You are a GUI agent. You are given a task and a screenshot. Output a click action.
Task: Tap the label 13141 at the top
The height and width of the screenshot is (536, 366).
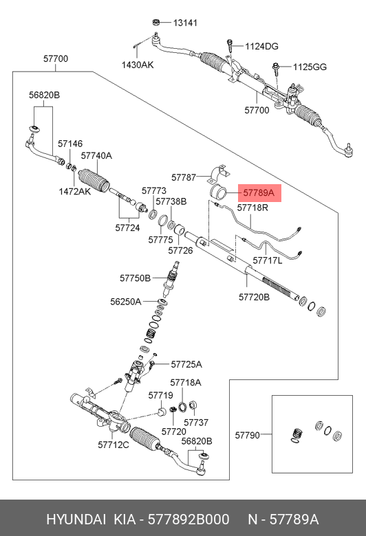184,23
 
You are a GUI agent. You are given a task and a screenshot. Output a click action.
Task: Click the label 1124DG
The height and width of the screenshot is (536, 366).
261,47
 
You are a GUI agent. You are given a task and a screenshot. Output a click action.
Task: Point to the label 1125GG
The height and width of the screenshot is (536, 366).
311,67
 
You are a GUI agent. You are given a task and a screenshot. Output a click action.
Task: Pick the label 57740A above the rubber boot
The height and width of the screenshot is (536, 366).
96,156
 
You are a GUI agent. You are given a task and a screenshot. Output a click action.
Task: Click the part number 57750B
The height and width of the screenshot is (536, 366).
135,278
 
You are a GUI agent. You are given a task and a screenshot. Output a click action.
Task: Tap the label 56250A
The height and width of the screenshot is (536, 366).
126,302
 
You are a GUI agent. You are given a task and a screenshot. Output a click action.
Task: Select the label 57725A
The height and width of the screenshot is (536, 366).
186,364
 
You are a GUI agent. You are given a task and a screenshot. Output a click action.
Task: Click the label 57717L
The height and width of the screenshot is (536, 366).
267,261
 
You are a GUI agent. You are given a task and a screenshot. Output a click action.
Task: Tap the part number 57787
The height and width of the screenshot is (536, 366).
184,177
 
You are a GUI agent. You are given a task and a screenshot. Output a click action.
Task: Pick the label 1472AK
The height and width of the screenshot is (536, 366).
74,191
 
